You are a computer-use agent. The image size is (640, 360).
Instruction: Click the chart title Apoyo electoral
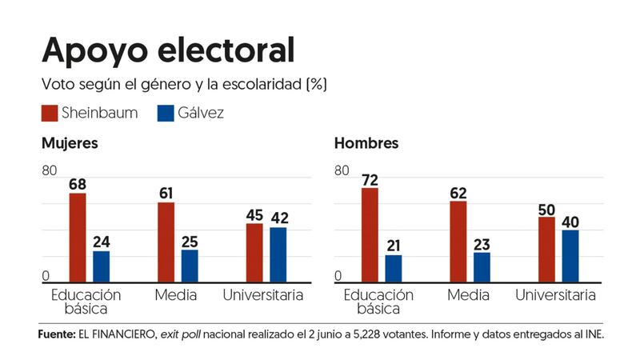[x=168, y=50]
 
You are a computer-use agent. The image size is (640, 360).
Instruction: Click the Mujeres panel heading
[x=70, y=144]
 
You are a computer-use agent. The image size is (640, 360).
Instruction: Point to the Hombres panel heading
[x=366, y=144]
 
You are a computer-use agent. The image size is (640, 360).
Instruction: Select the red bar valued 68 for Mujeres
[x=78, y=238]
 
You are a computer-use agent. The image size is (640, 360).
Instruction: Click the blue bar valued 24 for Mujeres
[x=102, y=266]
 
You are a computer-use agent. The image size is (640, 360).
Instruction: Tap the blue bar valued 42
[x=278, y=254]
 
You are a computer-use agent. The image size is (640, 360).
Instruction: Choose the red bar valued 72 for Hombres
[x=370, y=235]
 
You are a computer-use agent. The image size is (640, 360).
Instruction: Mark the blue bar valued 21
[x=394, y=269]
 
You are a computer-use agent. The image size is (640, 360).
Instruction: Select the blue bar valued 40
[x=570, y=256]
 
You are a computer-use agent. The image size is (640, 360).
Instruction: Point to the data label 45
[x=254, y=214]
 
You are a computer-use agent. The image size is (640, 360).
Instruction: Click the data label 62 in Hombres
[x=458, y=192]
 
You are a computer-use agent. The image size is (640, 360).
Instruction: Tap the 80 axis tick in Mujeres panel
[x=50, y=170]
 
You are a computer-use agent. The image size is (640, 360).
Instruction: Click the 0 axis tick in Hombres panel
[x=338, y=276]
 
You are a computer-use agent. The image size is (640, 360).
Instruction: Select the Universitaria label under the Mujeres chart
[x=263, y=295]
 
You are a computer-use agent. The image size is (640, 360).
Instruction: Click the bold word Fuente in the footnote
[x=55, y=335]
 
